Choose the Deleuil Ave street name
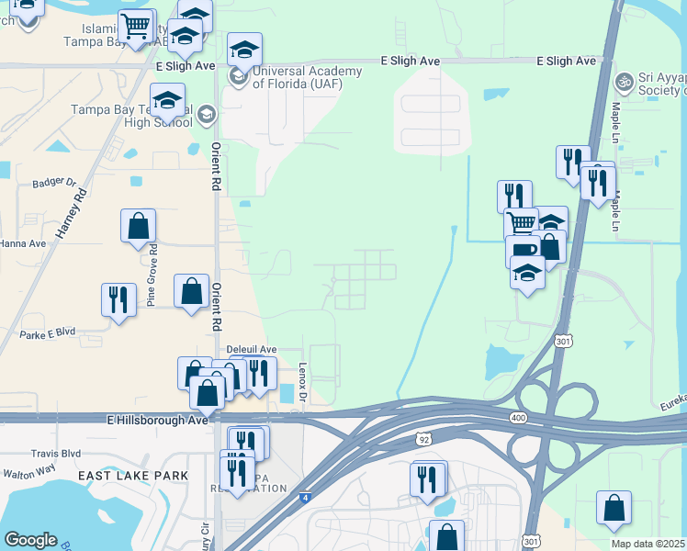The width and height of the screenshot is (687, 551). pos(252,350)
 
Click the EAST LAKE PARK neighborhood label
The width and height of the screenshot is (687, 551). pos(133,475)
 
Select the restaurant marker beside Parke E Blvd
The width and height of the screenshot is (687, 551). pos(118,299)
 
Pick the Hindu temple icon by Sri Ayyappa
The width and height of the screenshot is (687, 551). pos(625,82)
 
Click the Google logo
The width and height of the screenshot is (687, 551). pos(30,540)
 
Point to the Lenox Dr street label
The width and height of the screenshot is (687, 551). pos(302,380)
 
